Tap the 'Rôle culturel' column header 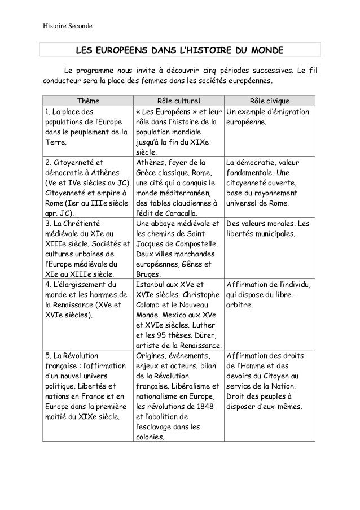pyautogui.click(x=179, y=101)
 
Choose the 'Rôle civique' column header pyautogui.click(x=270, y=101)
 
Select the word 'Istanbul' pyautogui.click(x=153, y=285)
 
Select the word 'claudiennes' pyautogui.click(x=191, y=203)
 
